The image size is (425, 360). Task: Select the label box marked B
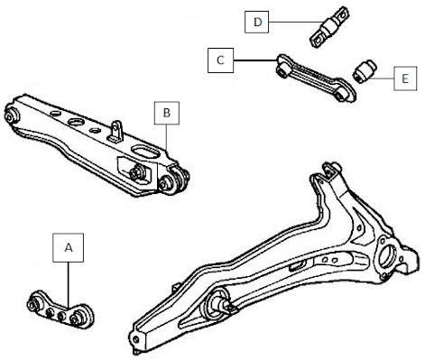(166, 113)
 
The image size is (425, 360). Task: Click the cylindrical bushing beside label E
(365, 70)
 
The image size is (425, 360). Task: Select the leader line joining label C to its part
(255, 60)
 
